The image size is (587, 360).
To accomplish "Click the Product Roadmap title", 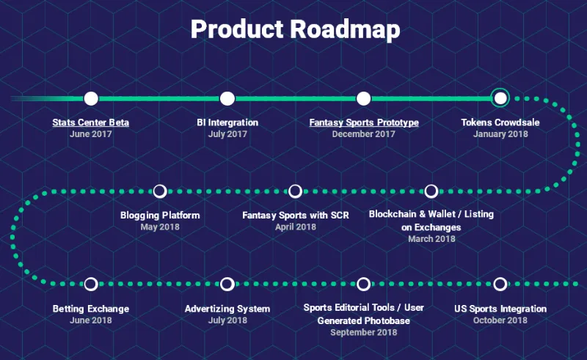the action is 296,29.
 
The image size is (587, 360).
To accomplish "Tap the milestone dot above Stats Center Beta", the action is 91,98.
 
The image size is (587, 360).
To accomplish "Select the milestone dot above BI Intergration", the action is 227,98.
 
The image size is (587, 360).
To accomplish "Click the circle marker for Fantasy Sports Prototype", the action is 363,98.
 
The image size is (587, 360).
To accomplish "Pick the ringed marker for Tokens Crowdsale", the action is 500,98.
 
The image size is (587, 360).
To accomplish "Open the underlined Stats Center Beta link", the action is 90,122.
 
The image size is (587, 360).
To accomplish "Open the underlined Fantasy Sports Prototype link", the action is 364,122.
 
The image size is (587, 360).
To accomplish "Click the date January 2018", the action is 500,134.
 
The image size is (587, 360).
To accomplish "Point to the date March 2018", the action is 431,239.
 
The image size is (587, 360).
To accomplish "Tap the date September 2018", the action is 363,332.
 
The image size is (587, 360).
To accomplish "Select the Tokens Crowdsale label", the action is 500,122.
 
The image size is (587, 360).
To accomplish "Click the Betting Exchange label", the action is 91,309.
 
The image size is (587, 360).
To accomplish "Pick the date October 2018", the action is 500,320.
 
